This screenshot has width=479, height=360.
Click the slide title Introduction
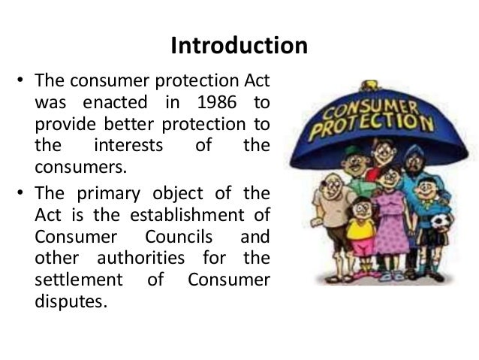click(239, 47)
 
